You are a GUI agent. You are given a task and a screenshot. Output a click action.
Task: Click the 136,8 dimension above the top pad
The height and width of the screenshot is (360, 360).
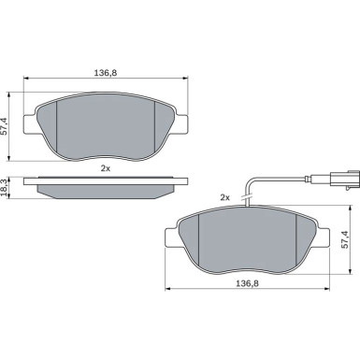point(106,73)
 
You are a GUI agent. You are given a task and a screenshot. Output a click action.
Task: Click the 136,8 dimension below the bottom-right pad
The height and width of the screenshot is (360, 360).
point(247,283)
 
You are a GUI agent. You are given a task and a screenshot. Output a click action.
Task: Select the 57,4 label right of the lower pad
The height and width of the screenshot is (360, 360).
point(345,240)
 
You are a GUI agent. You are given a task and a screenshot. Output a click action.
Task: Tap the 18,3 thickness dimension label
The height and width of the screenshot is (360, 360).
point(4,188)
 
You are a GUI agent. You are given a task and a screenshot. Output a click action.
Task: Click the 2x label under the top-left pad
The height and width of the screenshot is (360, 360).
point(106,168)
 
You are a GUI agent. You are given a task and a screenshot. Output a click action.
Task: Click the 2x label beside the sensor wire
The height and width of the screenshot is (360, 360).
point(224,197)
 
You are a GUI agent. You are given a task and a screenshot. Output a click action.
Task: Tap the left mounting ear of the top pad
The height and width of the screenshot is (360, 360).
point(31,124)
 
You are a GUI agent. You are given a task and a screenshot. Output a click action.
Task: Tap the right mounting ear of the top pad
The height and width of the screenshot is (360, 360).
point(181,124)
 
